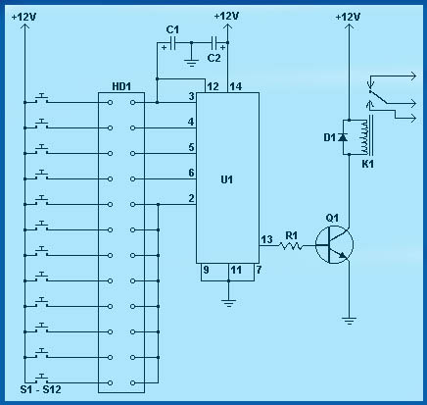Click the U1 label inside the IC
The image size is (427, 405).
click(x=227, y=179)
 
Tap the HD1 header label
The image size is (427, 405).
click(x=121, y=86)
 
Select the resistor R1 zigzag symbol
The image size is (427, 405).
click(x=291, y=245)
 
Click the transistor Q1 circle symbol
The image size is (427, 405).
click(x=334, y=244)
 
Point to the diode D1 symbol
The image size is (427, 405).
click(x=343, y=137)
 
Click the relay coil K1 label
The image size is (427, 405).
click(x=367, y=164)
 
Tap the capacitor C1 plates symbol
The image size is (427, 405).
click(x=173, y=43)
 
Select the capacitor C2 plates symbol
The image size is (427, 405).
click(x=214, y=43)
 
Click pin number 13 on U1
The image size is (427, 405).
click(x=266, y=239)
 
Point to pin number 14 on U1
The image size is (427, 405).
click(x=236, y=86)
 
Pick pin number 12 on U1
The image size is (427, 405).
click(x=213, y=86)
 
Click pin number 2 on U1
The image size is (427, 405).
click(x=191, y=198)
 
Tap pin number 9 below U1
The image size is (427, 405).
click(x=206, y=270)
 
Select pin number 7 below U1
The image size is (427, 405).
click(x=259, y=270)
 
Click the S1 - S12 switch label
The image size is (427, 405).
click(x=40, y=389)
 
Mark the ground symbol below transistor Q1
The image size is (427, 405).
click(x=350, y=321)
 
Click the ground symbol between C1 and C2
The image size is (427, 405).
click(x=191, y=63)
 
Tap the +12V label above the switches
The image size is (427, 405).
click(x=24, y=17)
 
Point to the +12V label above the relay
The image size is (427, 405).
click(x=348, y=17)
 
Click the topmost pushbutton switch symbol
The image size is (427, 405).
click(x=41, y=98)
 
